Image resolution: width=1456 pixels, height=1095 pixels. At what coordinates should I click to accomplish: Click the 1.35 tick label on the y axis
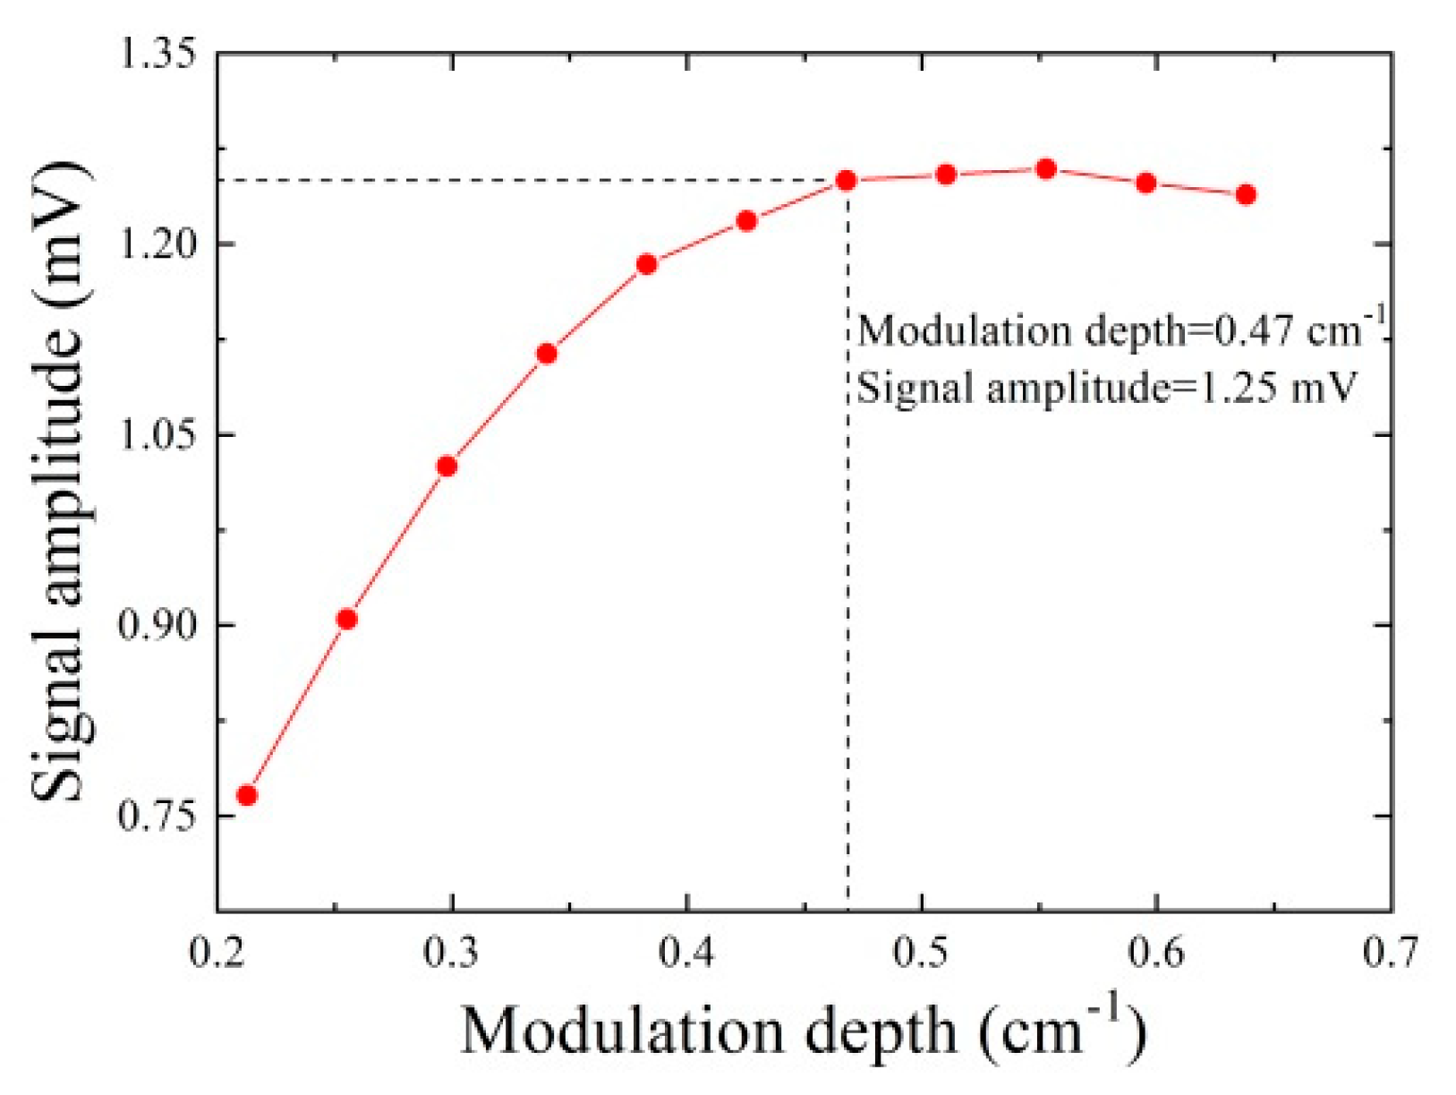tap(158, 55)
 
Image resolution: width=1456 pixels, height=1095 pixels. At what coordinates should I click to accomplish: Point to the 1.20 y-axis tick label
tap(158, 244)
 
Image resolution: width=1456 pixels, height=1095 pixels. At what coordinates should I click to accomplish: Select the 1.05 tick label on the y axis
tap(158, 435)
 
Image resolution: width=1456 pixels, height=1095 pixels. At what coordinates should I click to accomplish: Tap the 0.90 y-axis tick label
tap(158, 625)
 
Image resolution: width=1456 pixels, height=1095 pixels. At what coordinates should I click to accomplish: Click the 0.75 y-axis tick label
tap(158, 817)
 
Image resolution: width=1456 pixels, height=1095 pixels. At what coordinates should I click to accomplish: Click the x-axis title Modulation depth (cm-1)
tap(803, 1030)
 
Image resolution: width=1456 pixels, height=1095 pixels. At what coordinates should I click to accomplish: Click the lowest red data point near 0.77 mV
tap(247, 796)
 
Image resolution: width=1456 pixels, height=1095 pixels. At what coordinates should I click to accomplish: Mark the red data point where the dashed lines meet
tap(847, 181)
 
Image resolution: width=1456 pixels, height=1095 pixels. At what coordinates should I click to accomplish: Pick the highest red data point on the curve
tap(1046, 169)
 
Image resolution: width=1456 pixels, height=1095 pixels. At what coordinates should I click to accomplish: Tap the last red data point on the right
tap(1246, 194)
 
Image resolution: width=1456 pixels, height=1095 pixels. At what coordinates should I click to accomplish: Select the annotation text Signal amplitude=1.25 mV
tap(1108, 388)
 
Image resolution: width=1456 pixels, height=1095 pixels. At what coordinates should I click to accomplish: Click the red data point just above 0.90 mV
tap(347, 620)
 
